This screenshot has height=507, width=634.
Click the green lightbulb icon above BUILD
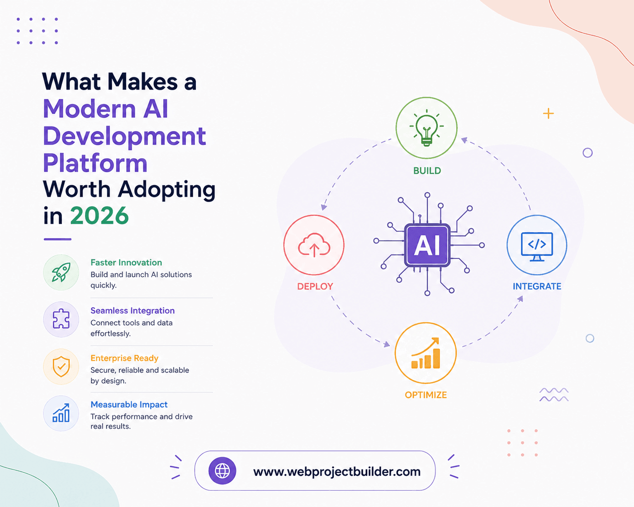[x=426, y=128]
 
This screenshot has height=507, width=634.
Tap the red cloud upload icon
[x=314, y=245]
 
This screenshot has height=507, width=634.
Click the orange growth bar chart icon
[x=426, y=353]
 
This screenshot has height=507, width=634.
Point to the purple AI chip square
[x=427, y=245]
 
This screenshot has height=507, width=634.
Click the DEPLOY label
[x=315, y=286]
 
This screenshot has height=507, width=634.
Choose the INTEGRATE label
[x=537, y=286]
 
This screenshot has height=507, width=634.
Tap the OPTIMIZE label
[x=426, y=395]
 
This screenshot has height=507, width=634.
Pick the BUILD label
[x=427, y=171]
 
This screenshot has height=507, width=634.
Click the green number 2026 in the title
[x=99, y=216]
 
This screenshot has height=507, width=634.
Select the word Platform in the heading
[x=95, y=163]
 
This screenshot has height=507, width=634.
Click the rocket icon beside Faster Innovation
[x=61, y=272]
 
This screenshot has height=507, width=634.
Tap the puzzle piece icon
[x=61, y=319]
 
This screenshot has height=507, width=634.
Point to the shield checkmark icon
[x=61, y=366]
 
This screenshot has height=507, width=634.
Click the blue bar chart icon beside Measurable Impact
[x=61, y=413]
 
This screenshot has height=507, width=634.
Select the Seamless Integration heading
[x=132, y=310]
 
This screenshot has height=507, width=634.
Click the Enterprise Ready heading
[x=124, y=358]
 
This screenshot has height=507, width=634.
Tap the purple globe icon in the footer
[x=222, y=471]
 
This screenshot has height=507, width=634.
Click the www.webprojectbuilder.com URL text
[x=337, y=472]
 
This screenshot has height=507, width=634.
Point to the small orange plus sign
[x=548, y=114]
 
